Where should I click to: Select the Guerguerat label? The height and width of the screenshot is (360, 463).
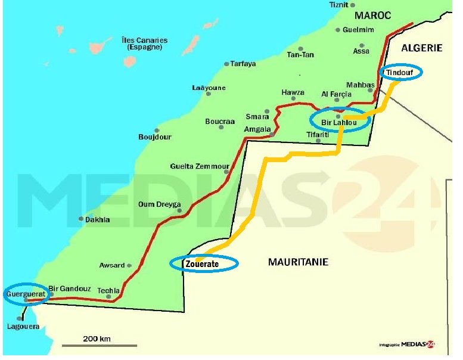pos(24,294)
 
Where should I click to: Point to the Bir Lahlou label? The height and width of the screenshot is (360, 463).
pos(339,123)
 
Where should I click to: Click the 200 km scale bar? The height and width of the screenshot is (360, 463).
pos(100,345)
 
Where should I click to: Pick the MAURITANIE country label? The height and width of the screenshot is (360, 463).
pos(298,262)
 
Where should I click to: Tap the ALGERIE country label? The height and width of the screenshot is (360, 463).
pos(422,48)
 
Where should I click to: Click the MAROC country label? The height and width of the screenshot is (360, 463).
pos(373,15)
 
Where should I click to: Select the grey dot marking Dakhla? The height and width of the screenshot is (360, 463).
pos(82,219)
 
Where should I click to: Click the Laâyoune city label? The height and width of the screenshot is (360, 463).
pos(209,88)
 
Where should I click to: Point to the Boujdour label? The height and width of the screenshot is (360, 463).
pos(155,137)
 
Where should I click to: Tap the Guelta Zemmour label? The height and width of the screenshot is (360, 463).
pos(200,166)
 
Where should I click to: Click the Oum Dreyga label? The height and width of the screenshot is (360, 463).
pos(160,204)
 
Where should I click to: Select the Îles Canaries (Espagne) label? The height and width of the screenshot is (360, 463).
pos(144,44)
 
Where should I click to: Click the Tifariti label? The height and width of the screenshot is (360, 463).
pos(318,134)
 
